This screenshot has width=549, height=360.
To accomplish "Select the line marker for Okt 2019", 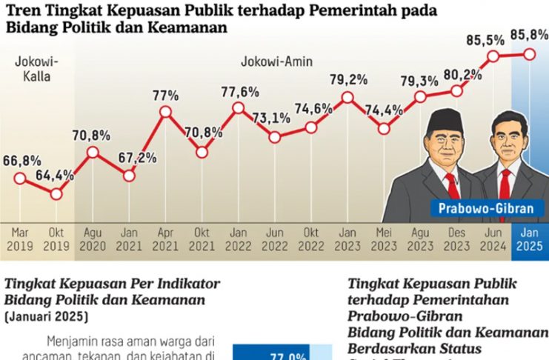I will click(56, 193).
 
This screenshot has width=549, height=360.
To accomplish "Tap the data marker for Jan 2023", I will click(347, 96).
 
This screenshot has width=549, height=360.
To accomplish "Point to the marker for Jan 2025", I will click(529, 53).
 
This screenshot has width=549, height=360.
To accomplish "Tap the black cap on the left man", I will click(446, 119).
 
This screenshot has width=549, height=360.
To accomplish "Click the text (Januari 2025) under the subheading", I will click(46, 316).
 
